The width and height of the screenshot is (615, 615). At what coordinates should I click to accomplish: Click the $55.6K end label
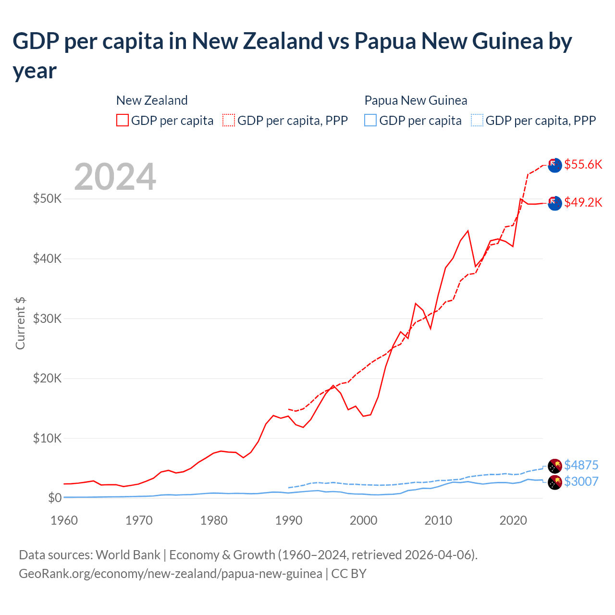pyautogui.click(x=583, y=164)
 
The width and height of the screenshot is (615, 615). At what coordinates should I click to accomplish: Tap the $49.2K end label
pyautogui.click(x=583, y=202)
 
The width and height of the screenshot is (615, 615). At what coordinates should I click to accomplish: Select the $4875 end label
pyautogui.click(x=581, y=465)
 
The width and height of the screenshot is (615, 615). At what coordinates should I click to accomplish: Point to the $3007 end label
pyautogui.click(x=581, y=481)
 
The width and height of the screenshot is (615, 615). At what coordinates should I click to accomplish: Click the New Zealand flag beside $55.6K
pyautogui.click(x=555, y=165)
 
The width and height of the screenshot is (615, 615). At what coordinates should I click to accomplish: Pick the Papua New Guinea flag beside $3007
pyautogui.click(x=555, y=482)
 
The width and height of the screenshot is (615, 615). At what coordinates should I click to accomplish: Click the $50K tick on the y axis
pyautogui.click(x=47, y=198)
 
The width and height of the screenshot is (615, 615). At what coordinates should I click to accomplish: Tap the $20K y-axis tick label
pyautogui.click(x=47, y=378)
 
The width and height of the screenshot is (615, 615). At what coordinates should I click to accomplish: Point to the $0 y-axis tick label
pyautogui.click(x=55, y=498)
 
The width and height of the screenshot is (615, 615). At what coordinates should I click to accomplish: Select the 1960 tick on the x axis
pyautogui.click(x=64, y=520)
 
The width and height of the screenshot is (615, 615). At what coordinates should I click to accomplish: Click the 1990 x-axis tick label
pyautogui.click(x=289, y=520)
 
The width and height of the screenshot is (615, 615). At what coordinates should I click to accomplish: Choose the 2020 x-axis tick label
pyautogui.click(x=513, y=520)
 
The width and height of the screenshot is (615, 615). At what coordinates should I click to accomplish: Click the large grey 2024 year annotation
pyautogui.click(x=115, y=177)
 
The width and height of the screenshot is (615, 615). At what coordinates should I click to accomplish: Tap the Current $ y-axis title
pyautogui.click(x=20, y=323)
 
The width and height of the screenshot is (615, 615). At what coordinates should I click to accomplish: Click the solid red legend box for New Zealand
pyautogui.click(x=123, y=120)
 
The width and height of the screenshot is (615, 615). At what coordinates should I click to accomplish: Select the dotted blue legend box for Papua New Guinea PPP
pyautogui.click(x=477, y=120)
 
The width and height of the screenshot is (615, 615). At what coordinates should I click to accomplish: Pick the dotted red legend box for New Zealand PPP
pyautogui.click(x=229, y=120)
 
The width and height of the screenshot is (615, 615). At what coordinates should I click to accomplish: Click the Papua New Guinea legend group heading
pyautogui.click(x=416, y=100)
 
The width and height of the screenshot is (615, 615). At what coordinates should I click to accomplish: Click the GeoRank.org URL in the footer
pyautogui.click(x=171, y=574)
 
